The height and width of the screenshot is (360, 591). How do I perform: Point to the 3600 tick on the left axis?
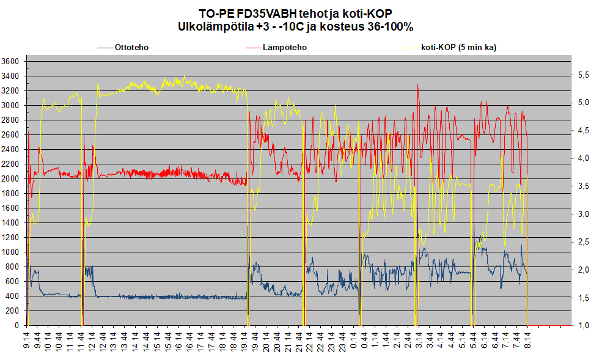10,61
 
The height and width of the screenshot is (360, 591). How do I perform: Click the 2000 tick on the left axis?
10,178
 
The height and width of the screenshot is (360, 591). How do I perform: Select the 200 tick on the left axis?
13,310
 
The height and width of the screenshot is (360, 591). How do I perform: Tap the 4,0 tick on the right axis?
580,158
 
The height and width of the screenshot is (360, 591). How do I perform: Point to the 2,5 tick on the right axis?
580,242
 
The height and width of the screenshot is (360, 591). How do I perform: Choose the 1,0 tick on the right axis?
580,325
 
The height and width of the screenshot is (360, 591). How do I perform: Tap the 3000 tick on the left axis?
10,105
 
